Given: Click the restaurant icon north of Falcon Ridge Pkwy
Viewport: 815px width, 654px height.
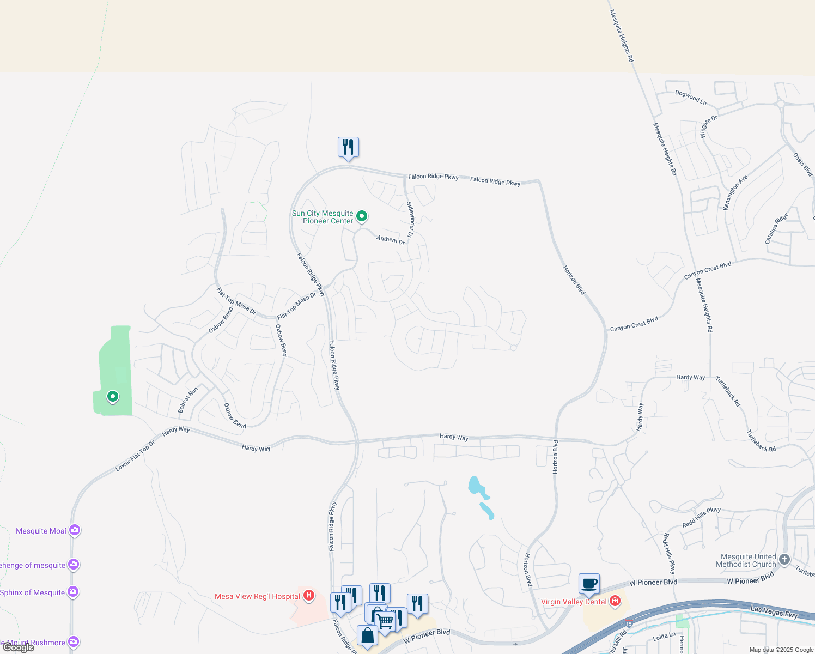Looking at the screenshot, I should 348,147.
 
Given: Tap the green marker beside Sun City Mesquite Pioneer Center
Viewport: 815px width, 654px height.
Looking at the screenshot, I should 362,217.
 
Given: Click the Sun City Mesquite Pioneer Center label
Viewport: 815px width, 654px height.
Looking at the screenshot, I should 323,217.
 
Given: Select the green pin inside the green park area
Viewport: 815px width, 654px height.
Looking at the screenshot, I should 113,396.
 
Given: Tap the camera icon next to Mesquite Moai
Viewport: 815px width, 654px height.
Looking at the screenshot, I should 74,530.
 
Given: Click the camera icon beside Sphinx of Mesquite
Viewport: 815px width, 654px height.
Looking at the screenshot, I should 73,592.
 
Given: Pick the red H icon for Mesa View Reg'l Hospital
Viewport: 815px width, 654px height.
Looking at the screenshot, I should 309,596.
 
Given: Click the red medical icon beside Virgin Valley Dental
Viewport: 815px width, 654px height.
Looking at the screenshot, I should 615,601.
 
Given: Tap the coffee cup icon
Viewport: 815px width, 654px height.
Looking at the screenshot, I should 589,584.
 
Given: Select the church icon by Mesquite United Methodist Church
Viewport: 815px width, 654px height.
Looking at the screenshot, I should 784,560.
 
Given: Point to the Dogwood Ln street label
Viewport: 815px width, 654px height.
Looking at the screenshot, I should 690,98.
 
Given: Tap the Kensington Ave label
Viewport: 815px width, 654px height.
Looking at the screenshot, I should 735,193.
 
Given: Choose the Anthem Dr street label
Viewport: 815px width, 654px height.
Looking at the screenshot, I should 391,239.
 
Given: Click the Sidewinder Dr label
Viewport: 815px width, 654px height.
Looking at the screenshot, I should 410,220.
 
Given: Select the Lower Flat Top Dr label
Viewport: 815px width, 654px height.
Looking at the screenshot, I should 135,456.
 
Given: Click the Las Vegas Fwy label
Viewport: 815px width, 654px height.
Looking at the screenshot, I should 774,611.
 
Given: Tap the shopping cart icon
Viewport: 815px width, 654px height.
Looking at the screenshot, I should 386,621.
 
